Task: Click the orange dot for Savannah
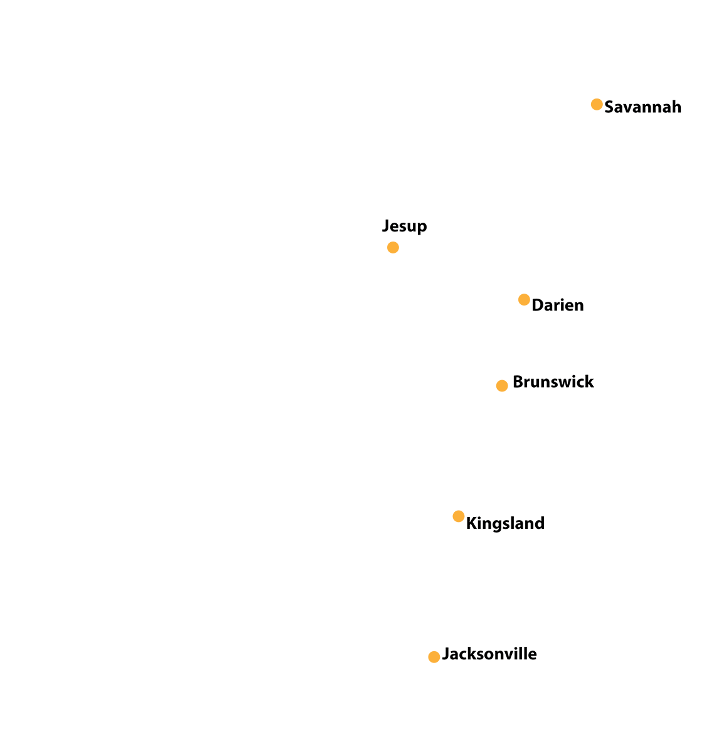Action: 596,104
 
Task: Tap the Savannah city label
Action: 642,107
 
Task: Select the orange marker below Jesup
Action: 393,247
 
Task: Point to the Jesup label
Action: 404,226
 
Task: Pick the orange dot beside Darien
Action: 524,300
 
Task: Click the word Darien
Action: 558,306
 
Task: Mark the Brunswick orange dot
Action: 501,386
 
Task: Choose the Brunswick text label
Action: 553,381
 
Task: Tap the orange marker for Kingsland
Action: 459,516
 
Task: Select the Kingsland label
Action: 505,523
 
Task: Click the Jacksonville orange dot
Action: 434,657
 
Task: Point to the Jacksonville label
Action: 489,654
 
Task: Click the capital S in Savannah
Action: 609,107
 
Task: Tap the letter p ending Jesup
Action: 422,228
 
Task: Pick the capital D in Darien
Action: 538,306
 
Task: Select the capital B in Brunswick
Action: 518,382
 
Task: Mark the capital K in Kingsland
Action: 472,523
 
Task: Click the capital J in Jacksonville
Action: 446,654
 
